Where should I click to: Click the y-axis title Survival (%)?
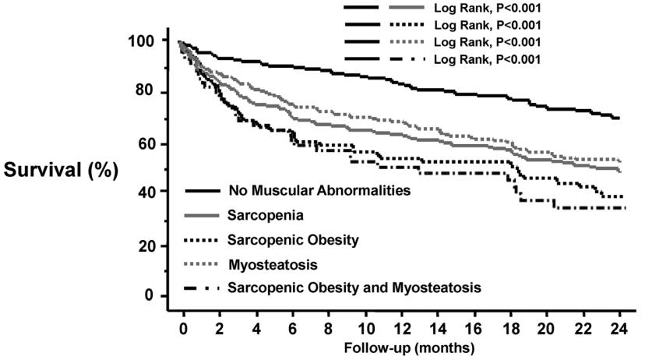tap(58, 170)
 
